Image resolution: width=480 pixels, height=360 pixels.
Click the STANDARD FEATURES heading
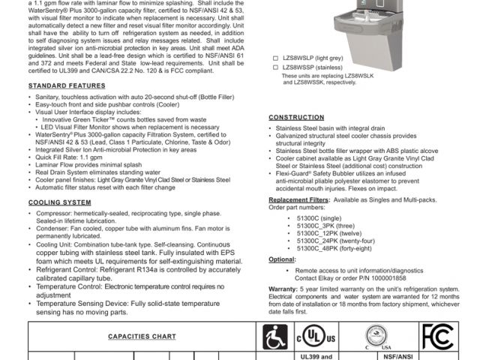pos(62,86)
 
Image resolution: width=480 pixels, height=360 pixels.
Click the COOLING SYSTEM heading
pos(60,202)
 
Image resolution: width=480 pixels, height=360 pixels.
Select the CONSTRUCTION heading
pos(296,118)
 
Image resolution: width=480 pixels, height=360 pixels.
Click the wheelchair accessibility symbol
pos(275,335)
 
